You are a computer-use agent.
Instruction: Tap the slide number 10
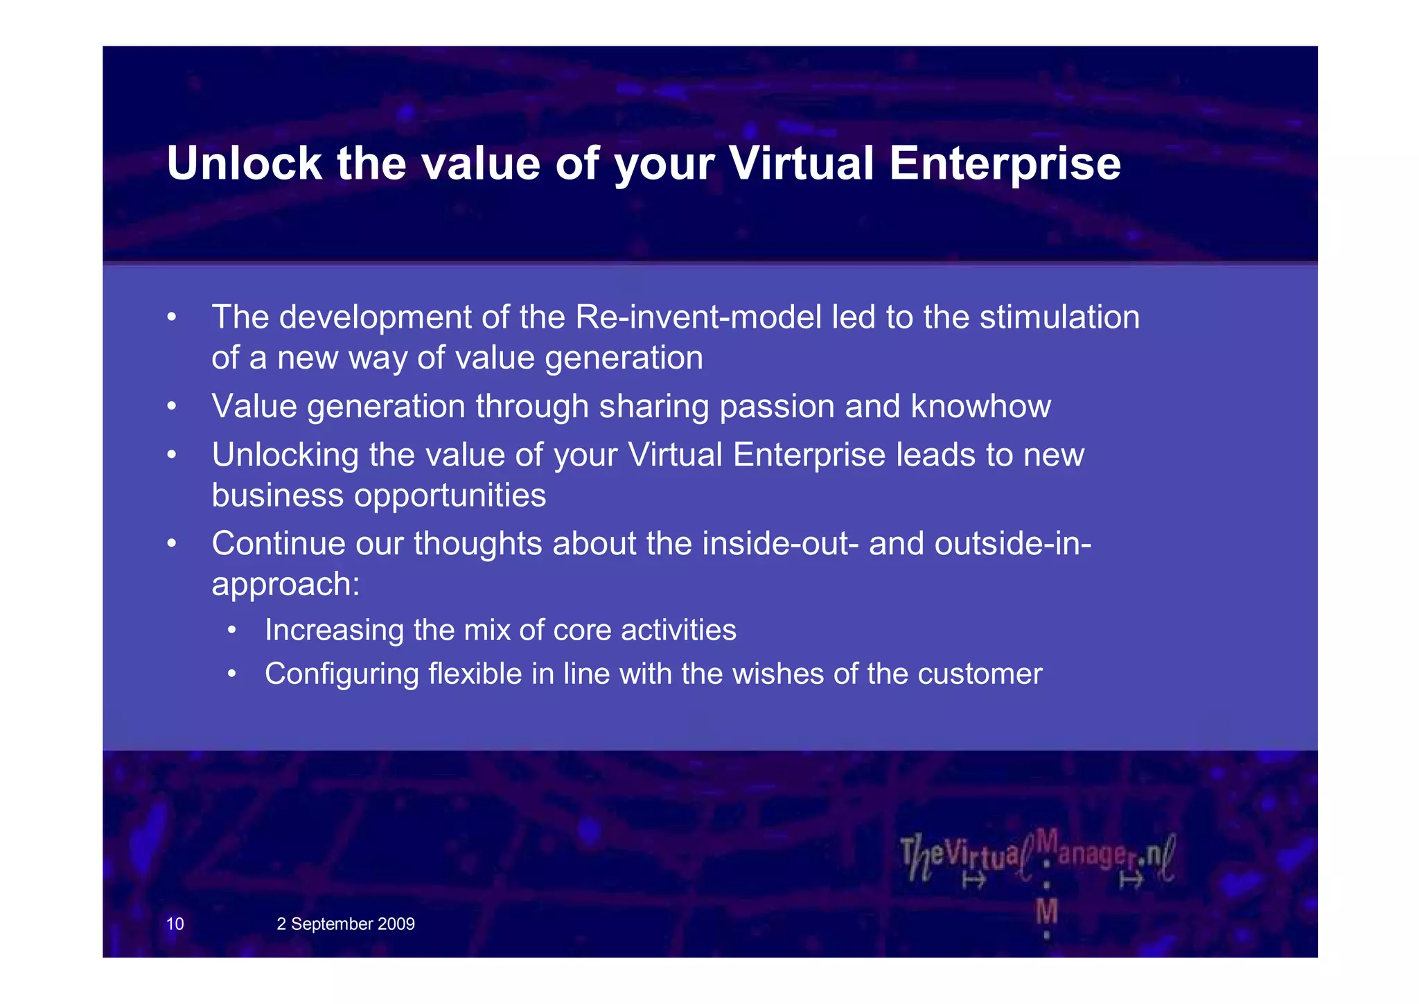tap(175, 924)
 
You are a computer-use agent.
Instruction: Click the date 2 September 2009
tap(345, 924)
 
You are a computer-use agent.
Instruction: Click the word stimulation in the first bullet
tap(1059, 317)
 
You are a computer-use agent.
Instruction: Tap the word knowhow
tap(980, 406)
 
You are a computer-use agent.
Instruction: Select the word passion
tap(776, 407)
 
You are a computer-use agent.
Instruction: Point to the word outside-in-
tap(1012, 543)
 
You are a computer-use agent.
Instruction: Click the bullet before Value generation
tap(172, 407)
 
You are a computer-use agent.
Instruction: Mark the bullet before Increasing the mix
tap(232, 631)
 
